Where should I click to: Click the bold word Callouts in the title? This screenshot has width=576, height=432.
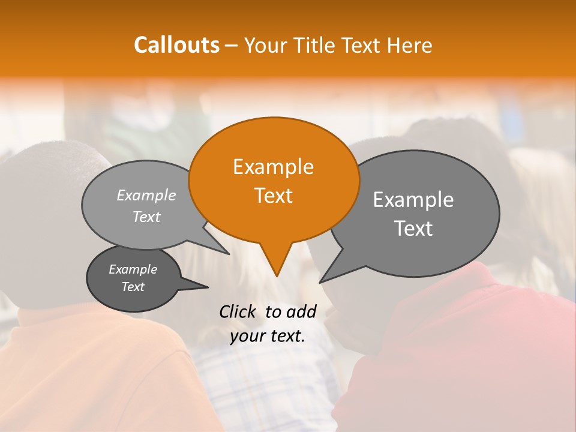(176, 45)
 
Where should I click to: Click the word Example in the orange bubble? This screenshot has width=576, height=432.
(273, 167)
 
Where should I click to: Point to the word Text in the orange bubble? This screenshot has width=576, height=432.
(273, 196)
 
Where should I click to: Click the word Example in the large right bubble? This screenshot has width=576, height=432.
(413, 200)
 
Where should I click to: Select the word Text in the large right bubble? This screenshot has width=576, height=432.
(413, 229)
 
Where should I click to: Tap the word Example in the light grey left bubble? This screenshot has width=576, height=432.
(146, 195)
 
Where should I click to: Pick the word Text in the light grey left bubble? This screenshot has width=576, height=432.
(146, 217)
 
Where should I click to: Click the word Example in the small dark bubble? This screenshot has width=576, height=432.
(133, 269)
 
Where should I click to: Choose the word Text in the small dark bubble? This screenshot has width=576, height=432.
(133, 287)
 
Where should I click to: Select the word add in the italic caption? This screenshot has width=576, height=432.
(301, 311)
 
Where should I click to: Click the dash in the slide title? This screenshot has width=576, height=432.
(232, 45)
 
